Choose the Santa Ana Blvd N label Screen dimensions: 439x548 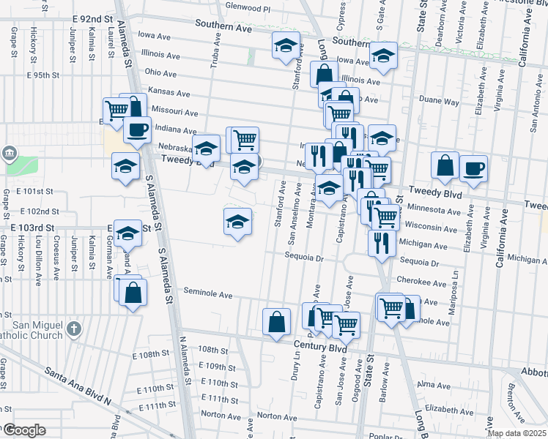tap(77, 386)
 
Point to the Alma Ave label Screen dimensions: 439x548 tap(432, 384)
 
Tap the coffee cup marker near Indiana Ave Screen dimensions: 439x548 tap(136, 130)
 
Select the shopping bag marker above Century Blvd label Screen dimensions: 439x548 tap(275, 322)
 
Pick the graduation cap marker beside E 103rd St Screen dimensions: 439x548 tap(128, 233)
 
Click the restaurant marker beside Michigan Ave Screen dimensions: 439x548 tap(381, 242)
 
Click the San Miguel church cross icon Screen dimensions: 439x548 tap(73, 329)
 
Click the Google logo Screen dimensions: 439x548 tap(23, 429)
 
